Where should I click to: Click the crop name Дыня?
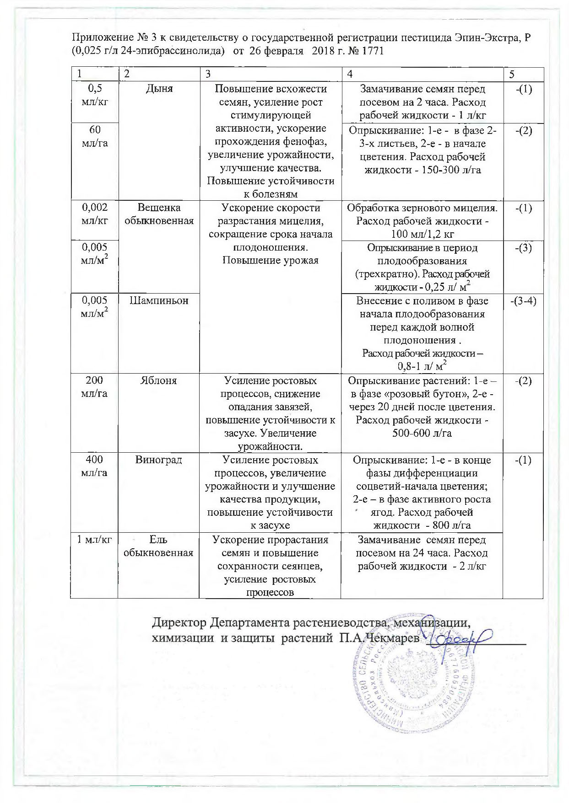click(159, 89)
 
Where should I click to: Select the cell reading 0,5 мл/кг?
click(94, 96)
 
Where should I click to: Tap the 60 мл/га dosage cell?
click(94, 137)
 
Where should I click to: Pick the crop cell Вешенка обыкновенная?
click(159, 214)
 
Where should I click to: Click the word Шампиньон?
click(159, 301)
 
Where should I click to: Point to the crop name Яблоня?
click(159, 380)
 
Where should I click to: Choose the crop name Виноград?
click(159, 460)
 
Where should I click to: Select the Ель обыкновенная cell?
click(159, 546)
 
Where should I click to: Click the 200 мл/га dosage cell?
click(94, 387)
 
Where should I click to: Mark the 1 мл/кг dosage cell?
click(94, 540)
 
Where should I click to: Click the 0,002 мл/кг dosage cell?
click(94, 214)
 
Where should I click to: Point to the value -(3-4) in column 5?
click(523, 301)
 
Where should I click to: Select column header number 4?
click(350, 74)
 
